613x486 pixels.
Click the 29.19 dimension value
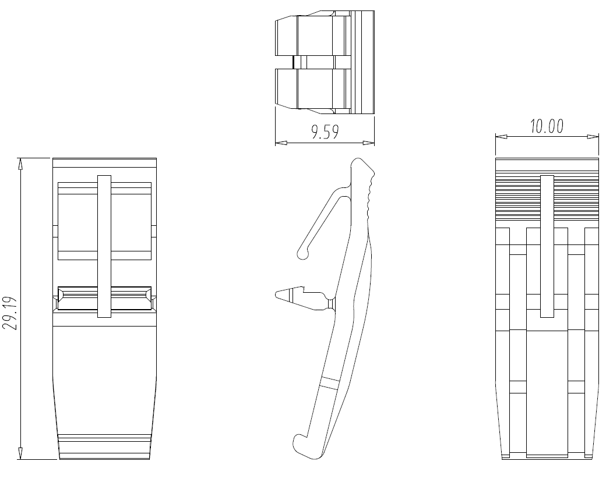coord(10,314)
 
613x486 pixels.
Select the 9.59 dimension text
coord(325,132)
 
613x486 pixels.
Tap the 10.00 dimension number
coord(547,126)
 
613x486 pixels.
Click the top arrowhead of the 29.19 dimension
coord(20,164)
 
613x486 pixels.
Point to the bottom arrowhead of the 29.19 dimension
coord(20,453)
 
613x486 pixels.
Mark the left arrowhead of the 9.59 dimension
coord(281,143)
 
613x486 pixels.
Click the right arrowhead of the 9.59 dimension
coord(369,143)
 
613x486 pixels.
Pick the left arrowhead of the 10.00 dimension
coord(502,137)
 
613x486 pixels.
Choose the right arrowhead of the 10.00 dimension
coord(593,137)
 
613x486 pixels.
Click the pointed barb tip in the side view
coord(276,294)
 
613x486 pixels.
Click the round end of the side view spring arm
coord(303,253)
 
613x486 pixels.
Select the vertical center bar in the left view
coord(104,246)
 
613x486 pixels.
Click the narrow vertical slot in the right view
coord(547,246)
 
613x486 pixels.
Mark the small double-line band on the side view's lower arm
coord(329,382)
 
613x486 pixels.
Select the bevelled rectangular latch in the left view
coord(104,299)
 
